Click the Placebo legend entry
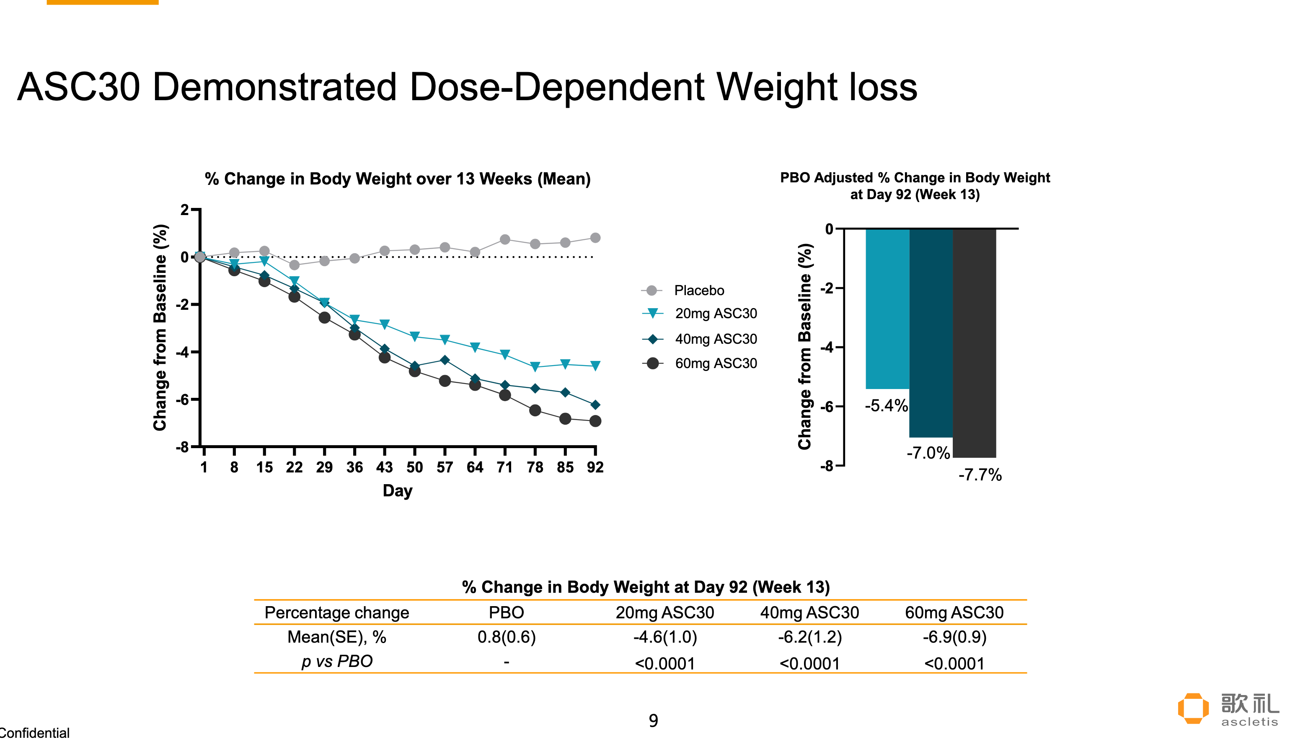click(683, 291)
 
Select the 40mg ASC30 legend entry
click(700, 339)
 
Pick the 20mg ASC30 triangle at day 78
click(535, 366)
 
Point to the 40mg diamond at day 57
click(445, 360)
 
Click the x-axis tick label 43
click(385, 467)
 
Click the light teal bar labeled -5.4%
click(887, 309)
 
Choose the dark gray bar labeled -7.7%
click(975, 343)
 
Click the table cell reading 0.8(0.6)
click(507, 637)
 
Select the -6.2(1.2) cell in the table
click(809, 637)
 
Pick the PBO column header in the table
click(507, 612)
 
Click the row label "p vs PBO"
click(337, 662)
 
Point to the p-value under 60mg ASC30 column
click(954, 663)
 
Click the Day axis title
click(398, 491)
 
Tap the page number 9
click(653, 721)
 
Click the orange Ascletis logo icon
click(1193, 708)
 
